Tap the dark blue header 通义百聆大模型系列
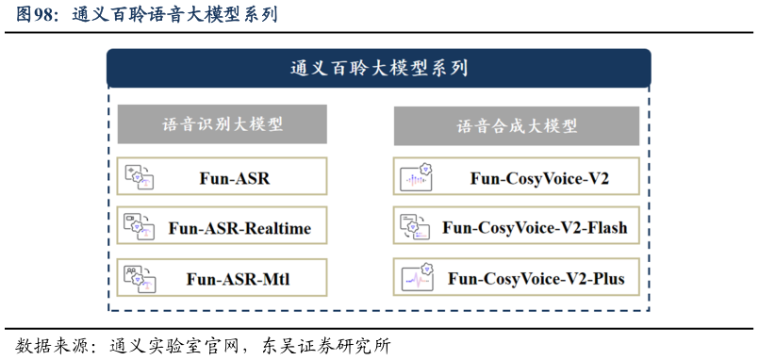(378, 68)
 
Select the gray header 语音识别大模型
(223, 124)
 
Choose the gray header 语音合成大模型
(516, 125)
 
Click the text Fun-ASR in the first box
(235, 176)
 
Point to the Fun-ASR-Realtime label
(239, 227)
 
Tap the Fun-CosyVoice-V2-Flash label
(535, 227)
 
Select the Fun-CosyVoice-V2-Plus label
(536, 278)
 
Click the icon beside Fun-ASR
(140, 176)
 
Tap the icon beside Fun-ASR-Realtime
(140, 227)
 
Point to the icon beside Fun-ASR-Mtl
(140, 278)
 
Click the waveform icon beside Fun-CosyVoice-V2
(417, 176)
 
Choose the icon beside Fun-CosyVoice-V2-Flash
(417, 227)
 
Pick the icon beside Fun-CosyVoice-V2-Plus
(417, 278)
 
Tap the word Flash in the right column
(605, 227)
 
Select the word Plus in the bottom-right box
(606, 278)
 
